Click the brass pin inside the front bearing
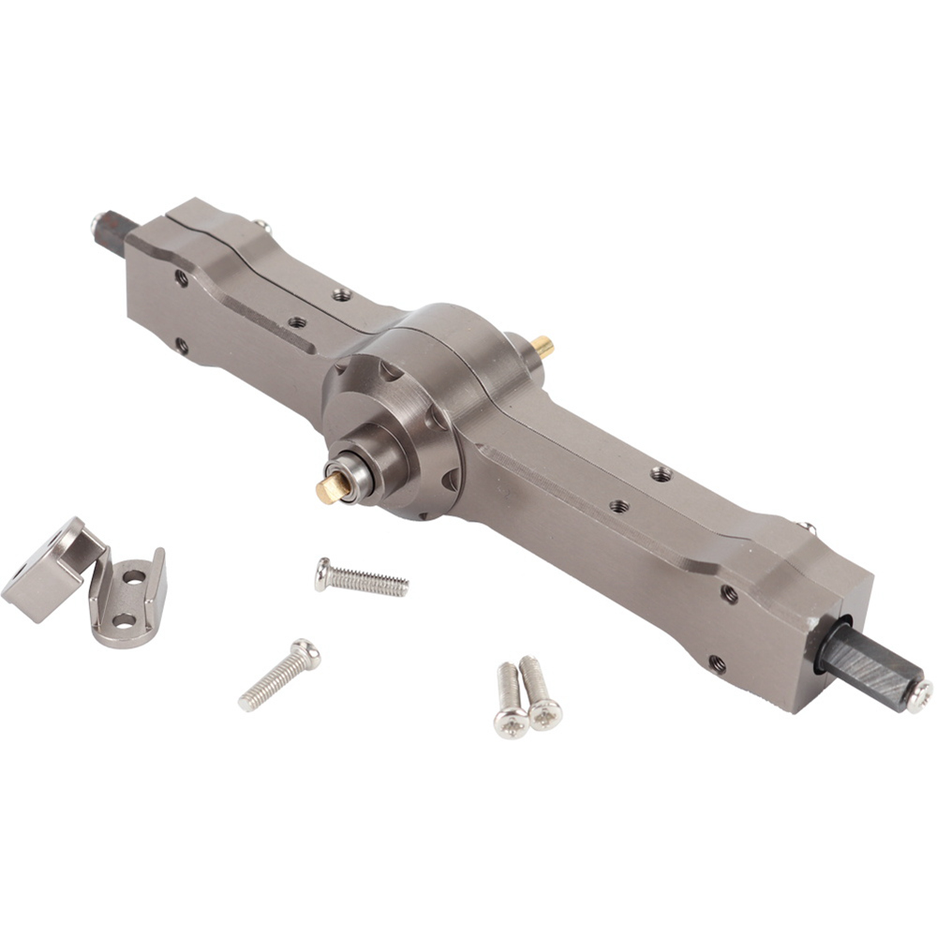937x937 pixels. click(x=329, y=487)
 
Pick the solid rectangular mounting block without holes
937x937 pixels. click(x=47, y=572)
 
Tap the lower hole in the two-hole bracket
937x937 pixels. click(x=124, y=620)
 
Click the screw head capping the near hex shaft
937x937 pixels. click(x=918, y=695)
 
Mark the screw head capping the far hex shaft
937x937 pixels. click(x=98, y=223)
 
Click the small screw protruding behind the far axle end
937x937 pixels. click(x=262, y=225)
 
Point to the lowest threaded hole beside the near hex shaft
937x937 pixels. click(x=717, y=663)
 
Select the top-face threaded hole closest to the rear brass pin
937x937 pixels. click(x=661, y=473)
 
